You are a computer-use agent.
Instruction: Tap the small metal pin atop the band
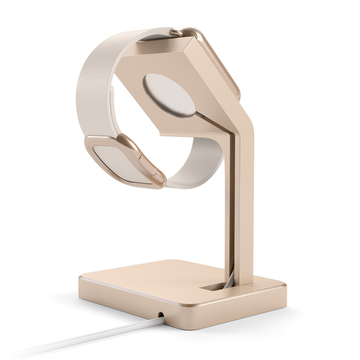176,31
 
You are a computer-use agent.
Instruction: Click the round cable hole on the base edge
161,314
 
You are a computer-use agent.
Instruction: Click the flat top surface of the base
156,282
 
